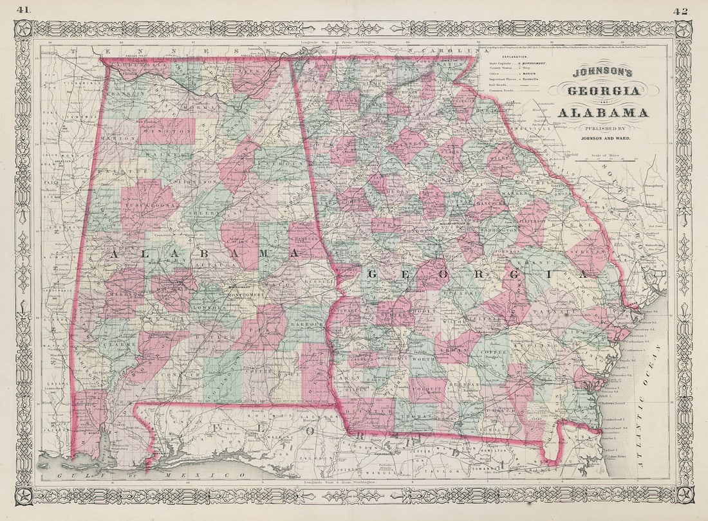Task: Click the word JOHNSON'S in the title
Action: pyautogui.click(x=602, y=74)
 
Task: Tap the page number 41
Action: pyautogui.click(x=24, y=10)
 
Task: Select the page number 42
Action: pyautogui.click(x=682, y=10)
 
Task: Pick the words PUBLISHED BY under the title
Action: pyautogui.click(x=602, y=127)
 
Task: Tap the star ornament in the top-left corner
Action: pyautogui.click(x=24, y=28)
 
